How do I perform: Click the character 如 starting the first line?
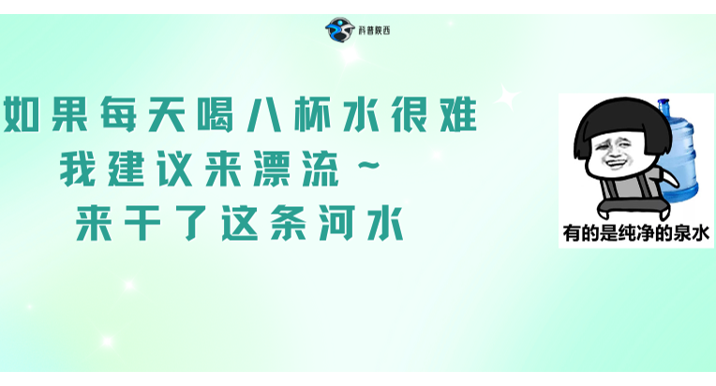pyautogui.click(x=22, y=114)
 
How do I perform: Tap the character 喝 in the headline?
pyautogui.click(x=215, y=114)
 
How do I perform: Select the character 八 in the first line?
pyautogui.click(x=263, y=114)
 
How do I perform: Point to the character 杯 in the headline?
pyautogui.click(x=312, y=114)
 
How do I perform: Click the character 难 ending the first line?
pyautogui.click(x=458, y=114)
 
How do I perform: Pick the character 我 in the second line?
pyautogui.click(x=78, y=169)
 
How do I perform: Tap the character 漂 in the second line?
pyautogui.click(x=272, y=169)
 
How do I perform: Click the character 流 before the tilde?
pyautogui.click(x=321, y=169)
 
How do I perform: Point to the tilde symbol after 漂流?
pyautogui.click(x=368, y=165)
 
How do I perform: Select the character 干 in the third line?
pyautogui.click(x=142, y=223)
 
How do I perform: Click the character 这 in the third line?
pyautogui.click(x=240, y=223)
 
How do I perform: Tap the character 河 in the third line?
pyautogui.click(x=337, y=223)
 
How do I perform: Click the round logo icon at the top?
pyautogui.click(x=340, y=30)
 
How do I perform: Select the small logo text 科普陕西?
pyautogui.click(x=375, y=31)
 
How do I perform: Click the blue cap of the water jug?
pyautogui.click(x=663, y=105)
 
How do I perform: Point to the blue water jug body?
pyautogui.click(x=680, y=156)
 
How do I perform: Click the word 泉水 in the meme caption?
pyautogui.click(x=692, y=233)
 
